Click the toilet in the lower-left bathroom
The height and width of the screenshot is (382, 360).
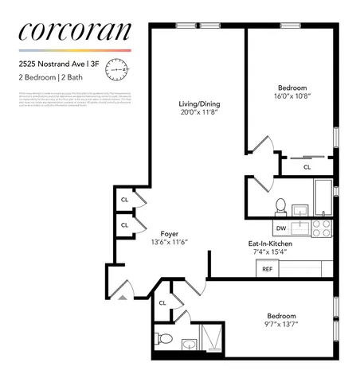coord(163,340)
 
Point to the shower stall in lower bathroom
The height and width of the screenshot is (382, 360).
coord(213,339)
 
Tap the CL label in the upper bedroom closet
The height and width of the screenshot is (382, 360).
coord(307,168)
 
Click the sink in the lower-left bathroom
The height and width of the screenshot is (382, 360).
coord(188,345)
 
